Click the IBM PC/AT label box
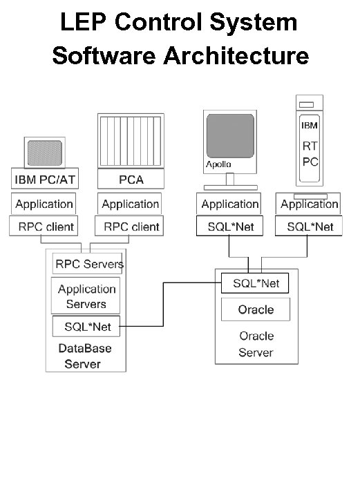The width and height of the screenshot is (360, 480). [42, 180]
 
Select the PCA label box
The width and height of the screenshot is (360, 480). [131, 180]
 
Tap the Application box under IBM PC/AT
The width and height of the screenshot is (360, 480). [44, 204]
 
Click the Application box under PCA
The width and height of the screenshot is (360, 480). [130, 204]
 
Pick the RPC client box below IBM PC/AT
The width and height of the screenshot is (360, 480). [44, 226]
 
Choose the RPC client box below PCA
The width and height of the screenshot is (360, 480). [131, 226]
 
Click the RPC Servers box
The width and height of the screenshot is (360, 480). [88, 264]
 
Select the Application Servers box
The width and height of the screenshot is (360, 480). [86, 296]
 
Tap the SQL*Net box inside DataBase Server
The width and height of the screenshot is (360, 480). [86, 325]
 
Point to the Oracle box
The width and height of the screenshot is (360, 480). [256, 309]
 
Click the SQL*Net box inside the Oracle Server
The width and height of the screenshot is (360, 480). [256, 283]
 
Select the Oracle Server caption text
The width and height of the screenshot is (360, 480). [256, 344]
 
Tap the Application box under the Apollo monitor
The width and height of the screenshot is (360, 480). [229, 204]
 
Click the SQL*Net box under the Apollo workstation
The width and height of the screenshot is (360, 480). [229, 226]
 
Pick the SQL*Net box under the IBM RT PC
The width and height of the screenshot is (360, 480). [310, 226]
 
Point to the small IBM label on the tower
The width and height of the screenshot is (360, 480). [309, 126]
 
